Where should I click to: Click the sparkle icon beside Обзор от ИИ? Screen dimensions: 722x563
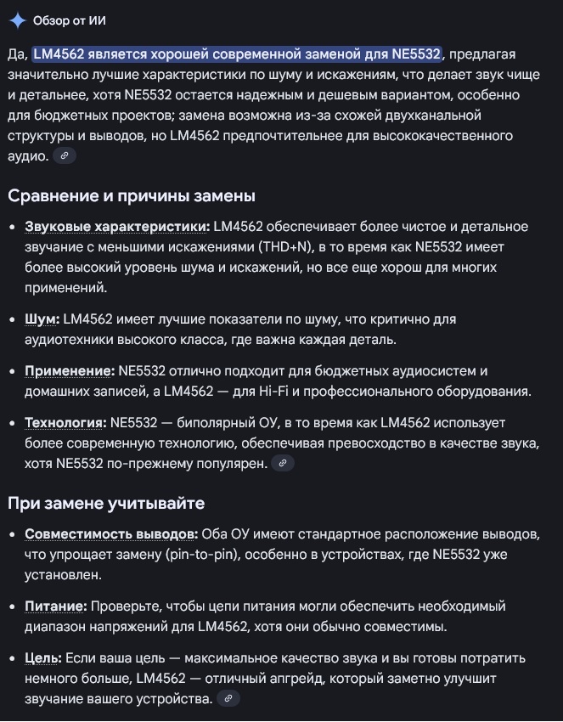[x=16, y=20]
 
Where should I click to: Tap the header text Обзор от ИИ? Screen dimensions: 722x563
[x=70, y=20]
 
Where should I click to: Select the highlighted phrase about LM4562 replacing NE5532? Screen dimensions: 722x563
[x=237, y=55]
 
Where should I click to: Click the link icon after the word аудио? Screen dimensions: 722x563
[x=64, y=155]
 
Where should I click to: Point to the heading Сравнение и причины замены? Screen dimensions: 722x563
[x=132, y=196]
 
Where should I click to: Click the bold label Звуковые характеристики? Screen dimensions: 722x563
[x=117, y=227]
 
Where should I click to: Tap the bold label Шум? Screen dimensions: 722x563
[x=42, y=319]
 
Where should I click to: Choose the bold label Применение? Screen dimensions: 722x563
[x=70, y=371]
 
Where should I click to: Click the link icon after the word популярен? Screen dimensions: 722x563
[x=282, y=463]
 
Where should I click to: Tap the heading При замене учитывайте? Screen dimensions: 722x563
[x=106, y=504]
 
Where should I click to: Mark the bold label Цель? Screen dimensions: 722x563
[x=42, y=658]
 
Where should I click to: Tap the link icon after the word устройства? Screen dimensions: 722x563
[x=228, y=698]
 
